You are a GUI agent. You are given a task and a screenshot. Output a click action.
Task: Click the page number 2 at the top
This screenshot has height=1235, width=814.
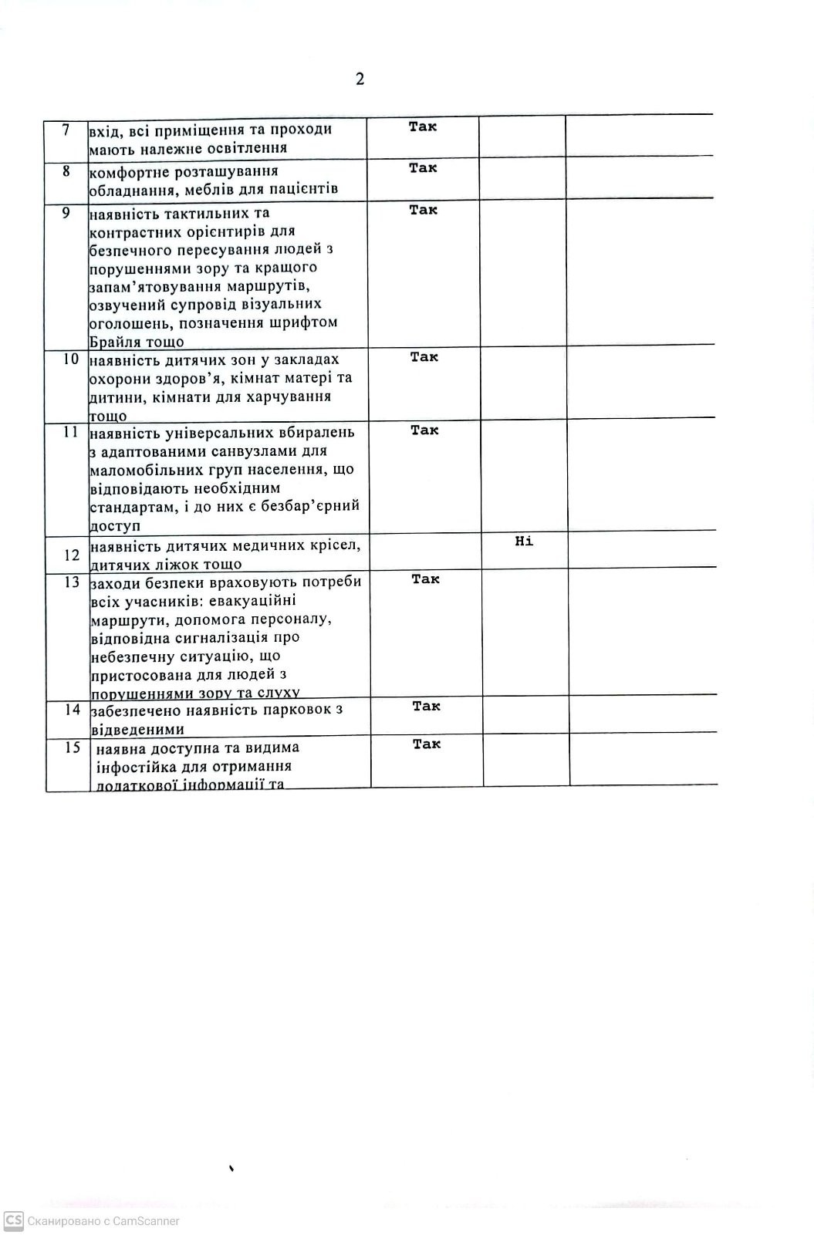[360, 79]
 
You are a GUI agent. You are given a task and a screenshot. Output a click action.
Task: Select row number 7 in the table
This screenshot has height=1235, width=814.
[66, 130]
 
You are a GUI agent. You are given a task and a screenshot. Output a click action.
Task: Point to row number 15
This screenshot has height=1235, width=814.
[72, 747]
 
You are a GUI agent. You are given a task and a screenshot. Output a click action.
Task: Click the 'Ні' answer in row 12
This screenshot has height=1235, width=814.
[524, 542]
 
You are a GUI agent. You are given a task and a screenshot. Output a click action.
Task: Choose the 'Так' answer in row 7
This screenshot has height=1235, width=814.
[422, 127]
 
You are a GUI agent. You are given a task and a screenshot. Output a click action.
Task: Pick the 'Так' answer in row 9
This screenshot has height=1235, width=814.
[423, 210]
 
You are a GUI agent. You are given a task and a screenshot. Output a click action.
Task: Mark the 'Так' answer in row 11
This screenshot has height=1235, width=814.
[424, 430]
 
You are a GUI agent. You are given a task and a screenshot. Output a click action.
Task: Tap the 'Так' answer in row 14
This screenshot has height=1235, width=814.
[426, 706]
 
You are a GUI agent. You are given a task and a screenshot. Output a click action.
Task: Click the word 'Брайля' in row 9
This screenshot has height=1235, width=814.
[113, 342]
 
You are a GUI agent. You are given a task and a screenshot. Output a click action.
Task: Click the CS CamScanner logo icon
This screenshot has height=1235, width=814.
[13, 1220]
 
